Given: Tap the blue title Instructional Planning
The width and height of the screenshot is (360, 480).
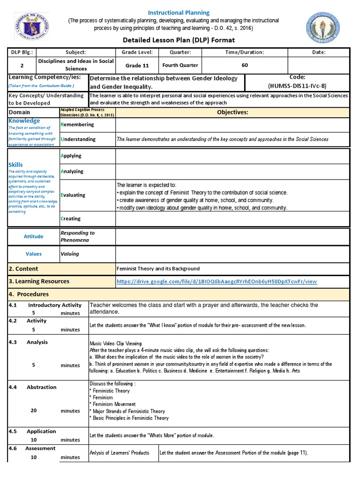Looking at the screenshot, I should pyautogui.click(x=179, y=13).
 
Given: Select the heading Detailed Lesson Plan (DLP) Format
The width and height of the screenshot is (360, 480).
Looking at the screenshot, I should pyautogui.click(x=179, y=40).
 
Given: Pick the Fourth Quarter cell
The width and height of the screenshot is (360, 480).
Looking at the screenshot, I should pyautogui.click(x=180, y=65).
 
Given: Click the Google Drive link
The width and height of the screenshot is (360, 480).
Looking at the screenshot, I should pyautogui.click(x=217, y=282).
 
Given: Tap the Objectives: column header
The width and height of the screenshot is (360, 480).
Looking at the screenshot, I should pyautogui.click(x=232, y=112).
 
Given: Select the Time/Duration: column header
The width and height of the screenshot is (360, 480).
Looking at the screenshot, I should pyautogui.click(x=244, y=53).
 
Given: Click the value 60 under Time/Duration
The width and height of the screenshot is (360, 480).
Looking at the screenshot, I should pyautogui.click(x=245, y=65).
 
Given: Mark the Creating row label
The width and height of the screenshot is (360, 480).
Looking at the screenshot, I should pyautogui.click(x=71, y=218).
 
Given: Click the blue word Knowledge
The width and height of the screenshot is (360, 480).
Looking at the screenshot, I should pyautogui.click(x=24, y=121).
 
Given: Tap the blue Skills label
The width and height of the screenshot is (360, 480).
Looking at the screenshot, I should pyautogui.click(x=16, y=165).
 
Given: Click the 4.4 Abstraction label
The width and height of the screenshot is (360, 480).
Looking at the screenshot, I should pyautogui.click(x=33, y=387).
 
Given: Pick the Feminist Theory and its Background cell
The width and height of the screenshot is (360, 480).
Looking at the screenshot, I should pyautogui.click(x=158, y=269).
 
